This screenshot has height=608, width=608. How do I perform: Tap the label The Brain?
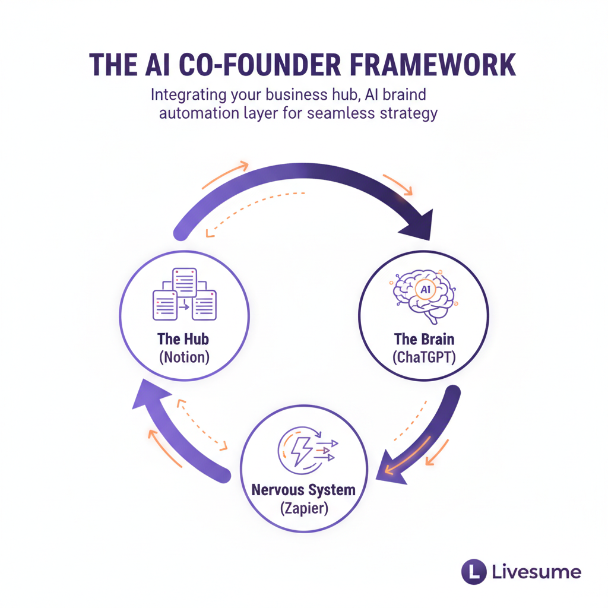click(x=424, y=339)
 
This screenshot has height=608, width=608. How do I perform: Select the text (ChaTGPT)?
click(x=424, y=357)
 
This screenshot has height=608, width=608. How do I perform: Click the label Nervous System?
click(x=303, y=490)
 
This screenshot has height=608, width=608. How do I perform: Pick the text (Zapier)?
click(x=303, y=509)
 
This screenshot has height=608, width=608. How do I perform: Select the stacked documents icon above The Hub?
click(x=184, y=294)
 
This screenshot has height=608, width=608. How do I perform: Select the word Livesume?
click(x=537, y=573)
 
